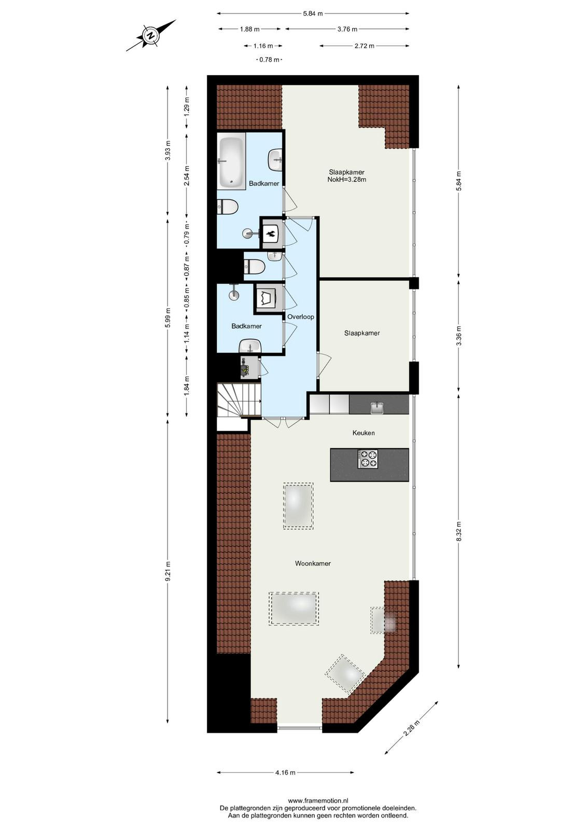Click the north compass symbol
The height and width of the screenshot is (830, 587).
(x=151, y=36)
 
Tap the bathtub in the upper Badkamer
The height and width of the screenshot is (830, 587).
(x=231, y=162)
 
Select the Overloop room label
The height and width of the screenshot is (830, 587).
(x=301, y=317)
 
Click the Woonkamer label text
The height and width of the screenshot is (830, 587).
(x=313, y=563)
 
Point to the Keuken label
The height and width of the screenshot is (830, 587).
(x=364, y=433)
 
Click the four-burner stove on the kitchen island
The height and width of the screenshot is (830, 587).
(x=368, y=459)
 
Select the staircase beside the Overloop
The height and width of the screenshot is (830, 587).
(x=239, y=400)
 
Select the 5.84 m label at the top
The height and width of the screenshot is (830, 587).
(x=313, y=13)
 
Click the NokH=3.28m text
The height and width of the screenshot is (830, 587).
(x=346, y=179)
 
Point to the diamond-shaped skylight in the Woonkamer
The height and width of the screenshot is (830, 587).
(x=345, y=674)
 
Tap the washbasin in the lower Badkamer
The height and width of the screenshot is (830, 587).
(x=251, y=346)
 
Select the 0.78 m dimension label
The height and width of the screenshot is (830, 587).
(x=269, y=59)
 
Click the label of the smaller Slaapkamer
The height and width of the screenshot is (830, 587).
(x=362, y=333)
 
